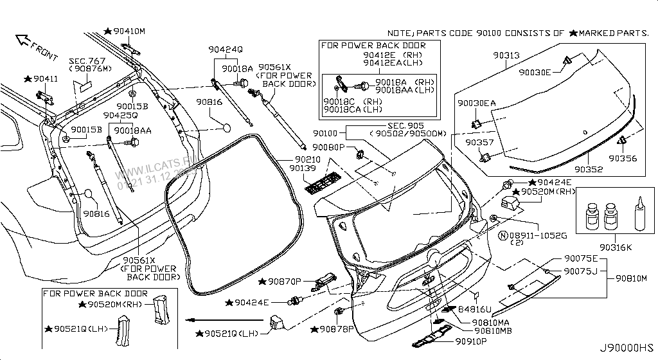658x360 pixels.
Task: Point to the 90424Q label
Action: tap(225, 50)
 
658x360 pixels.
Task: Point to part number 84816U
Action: tap(476, 310)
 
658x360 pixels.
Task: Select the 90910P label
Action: tap(473, 341)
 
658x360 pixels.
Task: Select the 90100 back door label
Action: tap(325, 132)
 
